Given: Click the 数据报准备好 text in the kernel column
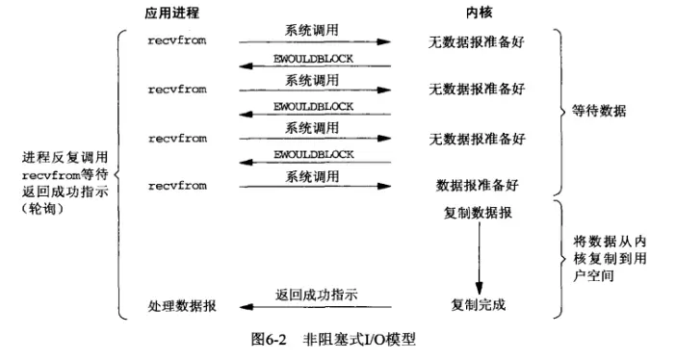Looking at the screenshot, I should [x=478, y=183].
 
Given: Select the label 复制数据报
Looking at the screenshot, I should [x=478, y=213].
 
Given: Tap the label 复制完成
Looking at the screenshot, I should [x=478, y=306].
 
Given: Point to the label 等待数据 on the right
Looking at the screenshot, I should [x=607, y=113].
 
